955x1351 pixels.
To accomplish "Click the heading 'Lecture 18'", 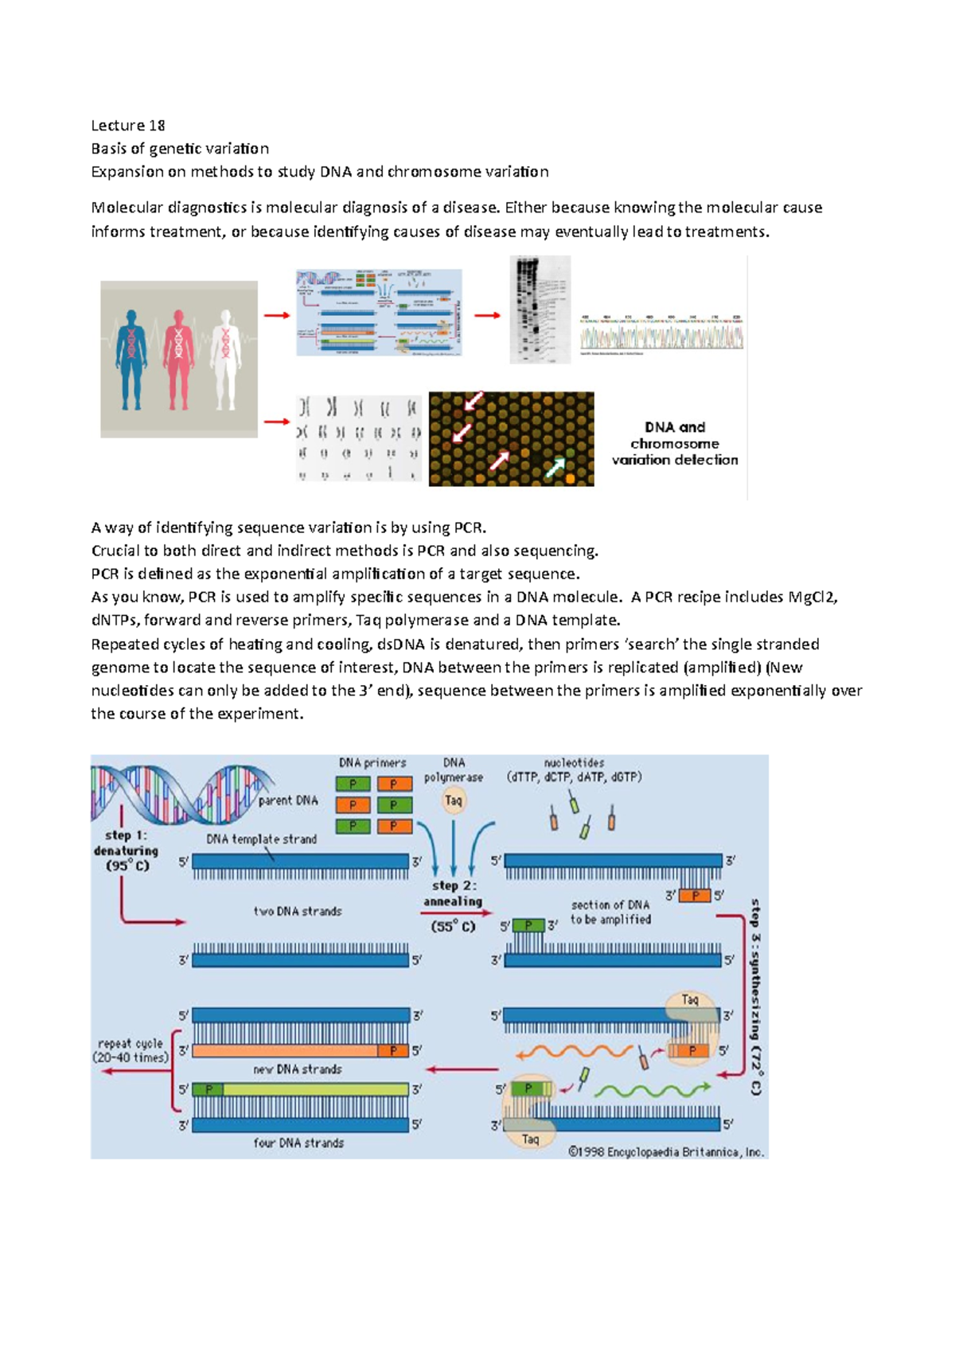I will [x=128, y=125].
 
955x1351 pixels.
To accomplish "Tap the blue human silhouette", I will [x=131, y=358].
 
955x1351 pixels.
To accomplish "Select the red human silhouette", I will [x=178, y=358].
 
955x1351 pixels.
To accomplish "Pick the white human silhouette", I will [x=225, y=358].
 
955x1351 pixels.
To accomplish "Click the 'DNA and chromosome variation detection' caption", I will [x=674, y=443].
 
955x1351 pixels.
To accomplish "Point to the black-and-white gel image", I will [x=540, y=310].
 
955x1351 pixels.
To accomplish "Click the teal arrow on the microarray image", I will [x=555, y=467].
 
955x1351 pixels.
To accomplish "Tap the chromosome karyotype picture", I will [x=359, y=438].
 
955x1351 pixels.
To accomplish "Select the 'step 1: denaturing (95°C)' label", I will [x=127, y=851].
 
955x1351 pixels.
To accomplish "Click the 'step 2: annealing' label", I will [x=453, y=894].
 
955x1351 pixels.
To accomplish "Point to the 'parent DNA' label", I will [x=288, y=800].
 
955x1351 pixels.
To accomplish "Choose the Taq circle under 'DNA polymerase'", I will [x=454, y=800].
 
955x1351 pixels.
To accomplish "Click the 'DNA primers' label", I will [x=372, y=762].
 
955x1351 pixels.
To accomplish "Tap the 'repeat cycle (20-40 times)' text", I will [x=131, y=1050].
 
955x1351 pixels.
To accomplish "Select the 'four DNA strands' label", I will [x=298, y=1143].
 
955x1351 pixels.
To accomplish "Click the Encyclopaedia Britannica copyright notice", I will [x=665, y=1151].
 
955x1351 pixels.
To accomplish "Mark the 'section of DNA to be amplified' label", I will [x=610, y=912].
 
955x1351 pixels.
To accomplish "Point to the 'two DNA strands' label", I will [x=298, y=911].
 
